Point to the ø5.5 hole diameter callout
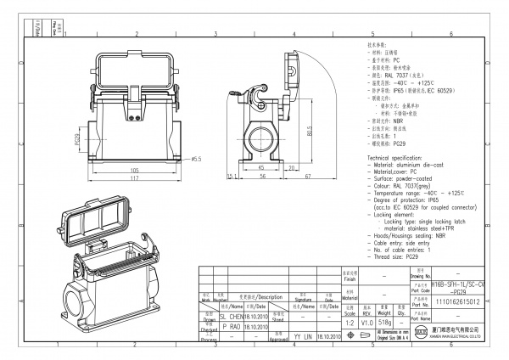click(195, 159)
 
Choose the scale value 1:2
click(350, 323)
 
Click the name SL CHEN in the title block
click(232, 314)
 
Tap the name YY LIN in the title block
click(303, 336)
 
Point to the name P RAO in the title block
click(231, 325)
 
